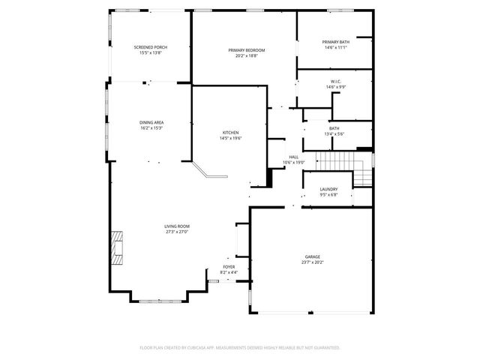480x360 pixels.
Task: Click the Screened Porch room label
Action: click(150, 47)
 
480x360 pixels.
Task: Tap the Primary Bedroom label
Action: click(247, 50)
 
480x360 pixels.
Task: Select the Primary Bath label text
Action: click(334, 42)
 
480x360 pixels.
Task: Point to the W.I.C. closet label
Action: click(335, 82)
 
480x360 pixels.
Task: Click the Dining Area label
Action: click(151, 122)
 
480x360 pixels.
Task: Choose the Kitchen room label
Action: click(230, 133)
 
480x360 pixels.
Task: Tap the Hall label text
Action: click(293, 157)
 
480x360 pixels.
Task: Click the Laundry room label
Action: click(328, 189)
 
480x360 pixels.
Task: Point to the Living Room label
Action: click(177, 226)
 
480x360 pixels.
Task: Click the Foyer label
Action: click(228, 266)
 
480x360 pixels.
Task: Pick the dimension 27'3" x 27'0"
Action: click(177, 232)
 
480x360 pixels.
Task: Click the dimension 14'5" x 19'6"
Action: click(230, 139)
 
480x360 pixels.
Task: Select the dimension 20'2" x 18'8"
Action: click(247, 55)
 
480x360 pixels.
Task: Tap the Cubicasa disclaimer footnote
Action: click(240, 348)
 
